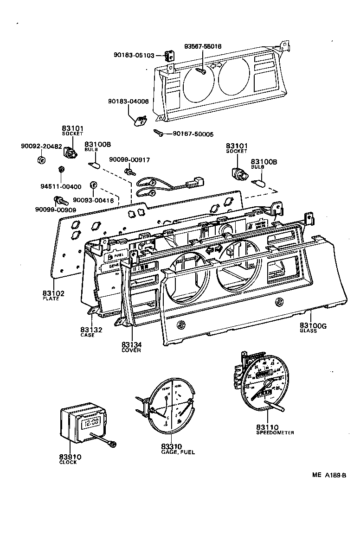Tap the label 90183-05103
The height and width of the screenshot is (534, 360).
pos(134,55)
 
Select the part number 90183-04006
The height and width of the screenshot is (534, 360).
pos(129,101)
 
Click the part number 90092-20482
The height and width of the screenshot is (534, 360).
pos(41,146)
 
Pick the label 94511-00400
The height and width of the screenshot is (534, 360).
pos(61,187)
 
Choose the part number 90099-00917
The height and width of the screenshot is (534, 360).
pos(129,160)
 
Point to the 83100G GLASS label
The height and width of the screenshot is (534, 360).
pos(313,328)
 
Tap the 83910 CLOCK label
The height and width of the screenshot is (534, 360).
pos(70,459)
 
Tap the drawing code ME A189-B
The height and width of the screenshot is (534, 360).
pos(329,475)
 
